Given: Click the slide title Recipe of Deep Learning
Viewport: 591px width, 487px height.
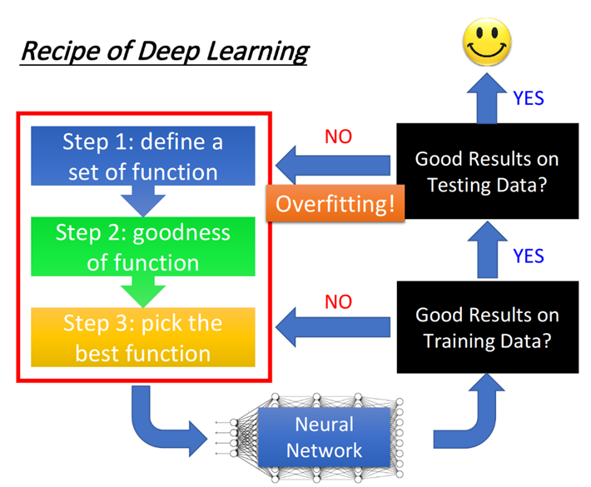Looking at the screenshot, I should (164, 51).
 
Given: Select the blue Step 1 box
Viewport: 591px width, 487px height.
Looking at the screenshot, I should (142, 156).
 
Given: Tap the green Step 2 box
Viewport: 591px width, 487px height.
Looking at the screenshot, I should (142, 247).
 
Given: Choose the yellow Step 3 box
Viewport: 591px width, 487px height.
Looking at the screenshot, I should (142, 338).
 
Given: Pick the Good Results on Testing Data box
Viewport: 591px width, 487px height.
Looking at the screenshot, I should (486, 171).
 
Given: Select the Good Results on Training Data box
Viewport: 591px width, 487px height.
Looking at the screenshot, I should (486, 328).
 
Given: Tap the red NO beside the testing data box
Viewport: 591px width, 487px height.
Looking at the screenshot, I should (338, 137).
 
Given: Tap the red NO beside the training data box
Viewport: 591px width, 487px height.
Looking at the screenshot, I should (338, 301).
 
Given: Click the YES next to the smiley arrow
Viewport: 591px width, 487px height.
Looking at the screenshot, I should (528, 98).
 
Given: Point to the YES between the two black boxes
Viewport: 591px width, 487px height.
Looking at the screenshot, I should (528, 255).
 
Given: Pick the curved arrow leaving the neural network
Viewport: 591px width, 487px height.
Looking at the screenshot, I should (470, 412).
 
